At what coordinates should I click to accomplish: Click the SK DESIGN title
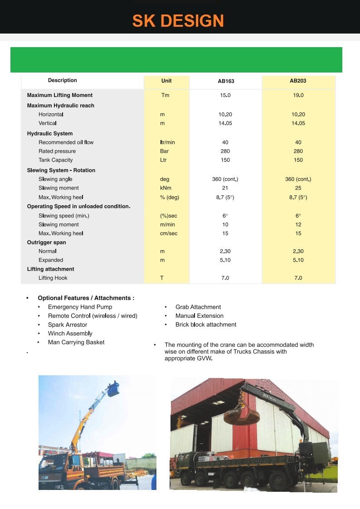[178, 21]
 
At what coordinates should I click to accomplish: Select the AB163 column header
[226, 82]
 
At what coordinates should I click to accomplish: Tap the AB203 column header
[298, 81]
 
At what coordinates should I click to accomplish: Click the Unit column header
[166, 81]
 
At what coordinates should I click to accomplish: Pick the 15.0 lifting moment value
[225, 95]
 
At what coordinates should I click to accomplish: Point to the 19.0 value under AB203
[298, 95]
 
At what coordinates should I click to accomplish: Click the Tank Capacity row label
[55, 160]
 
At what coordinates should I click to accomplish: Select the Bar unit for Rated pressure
[164, 151]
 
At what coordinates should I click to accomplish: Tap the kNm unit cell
[165, 188]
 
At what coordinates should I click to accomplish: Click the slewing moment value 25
[298, 188]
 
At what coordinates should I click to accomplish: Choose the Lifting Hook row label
[53, 278]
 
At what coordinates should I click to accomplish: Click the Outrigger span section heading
[46, 242]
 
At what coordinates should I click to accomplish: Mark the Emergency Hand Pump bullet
[80, 307]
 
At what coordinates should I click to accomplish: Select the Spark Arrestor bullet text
[68, 325]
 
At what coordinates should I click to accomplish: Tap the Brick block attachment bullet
[206, 325]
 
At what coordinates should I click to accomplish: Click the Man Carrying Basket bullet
[76, 342]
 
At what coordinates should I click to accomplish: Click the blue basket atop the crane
[112, 389]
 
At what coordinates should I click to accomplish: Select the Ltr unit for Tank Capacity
[163, 160]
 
